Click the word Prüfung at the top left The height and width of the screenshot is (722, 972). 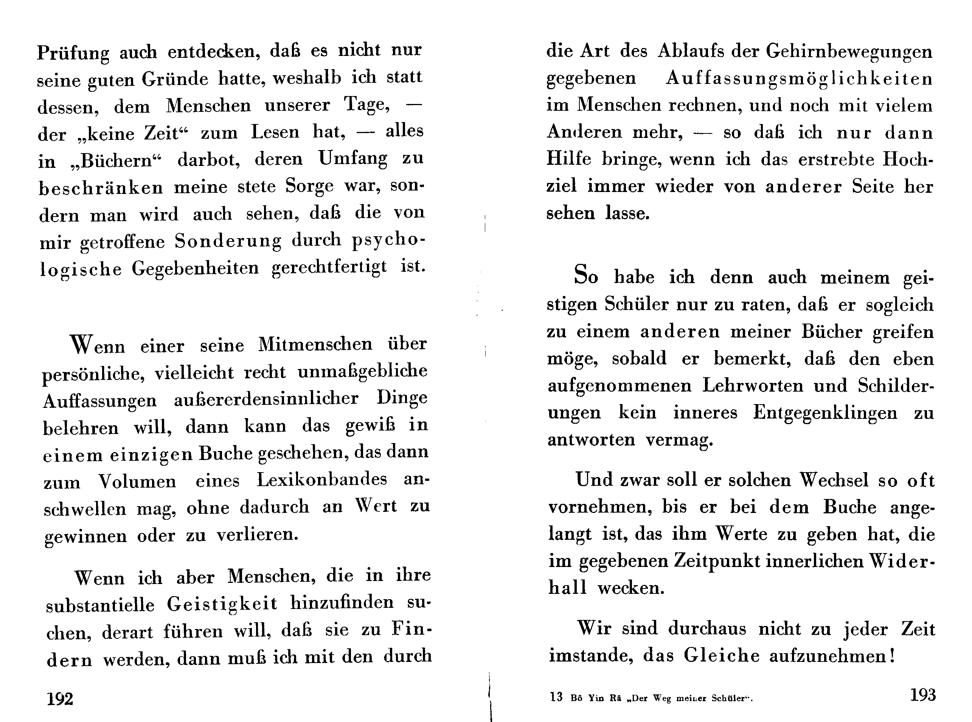coord(73,53)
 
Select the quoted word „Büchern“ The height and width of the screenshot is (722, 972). coord(116,161)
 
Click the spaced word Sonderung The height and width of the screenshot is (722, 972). coord(228,241)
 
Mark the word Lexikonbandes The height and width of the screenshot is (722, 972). coord(322,479)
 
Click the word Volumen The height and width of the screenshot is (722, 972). coord(137,482)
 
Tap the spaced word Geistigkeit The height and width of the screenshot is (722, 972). coord(222,604)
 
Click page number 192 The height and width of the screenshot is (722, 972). coord(60,699)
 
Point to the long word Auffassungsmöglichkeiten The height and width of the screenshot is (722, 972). coord(799,79)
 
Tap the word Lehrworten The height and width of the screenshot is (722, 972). coord(753,386)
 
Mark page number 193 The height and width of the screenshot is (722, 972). coord(922,695)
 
